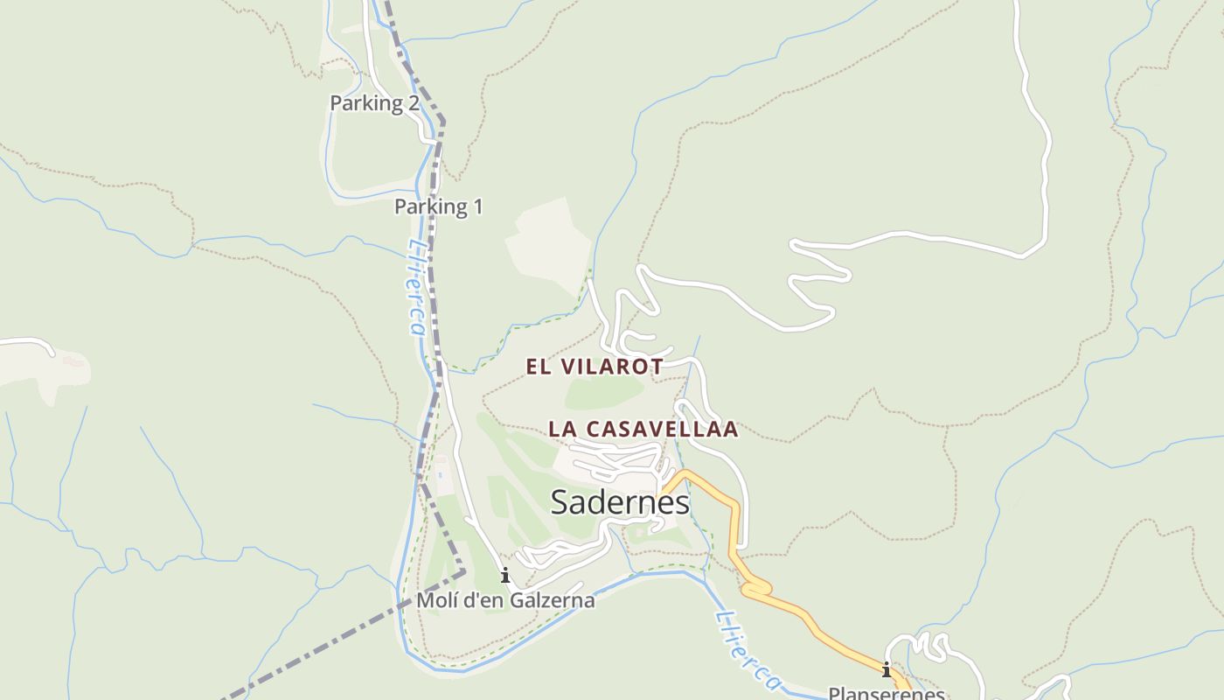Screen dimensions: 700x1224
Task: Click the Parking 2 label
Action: point(374,103)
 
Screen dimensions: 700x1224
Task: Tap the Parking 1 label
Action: point(438,207)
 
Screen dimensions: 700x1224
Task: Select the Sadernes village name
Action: point(620,502)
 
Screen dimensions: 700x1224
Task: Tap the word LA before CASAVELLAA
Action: point(562,430)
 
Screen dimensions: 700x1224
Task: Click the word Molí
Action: point(435,600)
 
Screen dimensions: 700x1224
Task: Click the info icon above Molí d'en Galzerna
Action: point(504,576)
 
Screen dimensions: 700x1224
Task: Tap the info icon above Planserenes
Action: point(887,671)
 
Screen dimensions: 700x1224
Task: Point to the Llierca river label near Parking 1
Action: point(416,289)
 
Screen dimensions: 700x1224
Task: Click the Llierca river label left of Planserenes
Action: point(748,652)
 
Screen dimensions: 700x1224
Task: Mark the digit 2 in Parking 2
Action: point(412,103)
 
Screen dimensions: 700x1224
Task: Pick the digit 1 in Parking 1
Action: point(477,207)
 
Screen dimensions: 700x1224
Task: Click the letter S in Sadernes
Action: point(560,502)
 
